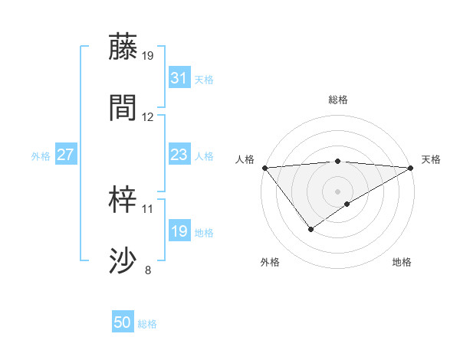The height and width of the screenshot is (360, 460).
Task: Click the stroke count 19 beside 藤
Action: click(x=149, y=55)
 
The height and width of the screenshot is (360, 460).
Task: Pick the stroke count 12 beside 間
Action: click(x=148, y=117)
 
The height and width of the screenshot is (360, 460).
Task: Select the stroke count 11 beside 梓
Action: click(x=148, y=208)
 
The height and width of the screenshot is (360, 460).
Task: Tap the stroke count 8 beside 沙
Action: click(x=148, y=270)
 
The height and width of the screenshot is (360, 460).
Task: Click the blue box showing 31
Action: click(x=179, y=77)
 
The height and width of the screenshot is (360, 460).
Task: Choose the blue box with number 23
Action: click(x=179, y=155)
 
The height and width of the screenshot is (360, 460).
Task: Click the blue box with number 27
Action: click(x=65, y=155)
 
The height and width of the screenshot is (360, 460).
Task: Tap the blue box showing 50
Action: click(x=122, y=322)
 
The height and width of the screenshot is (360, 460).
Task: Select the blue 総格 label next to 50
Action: click(x=147, y=324)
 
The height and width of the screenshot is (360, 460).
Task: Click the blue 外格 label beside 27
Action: click(x=41, y=156)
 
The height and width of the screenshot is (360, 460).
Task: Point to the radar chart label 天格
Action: click(x=431, y=159)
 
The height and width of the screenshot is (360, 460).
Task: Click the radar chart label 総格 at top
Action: click(x=338, y=100)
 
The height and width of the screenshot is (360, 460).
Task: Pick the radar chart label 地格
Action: click(x=402, y=262)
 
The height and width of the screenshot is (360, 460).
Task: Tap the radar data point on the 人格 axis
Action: click(x=264, y=168)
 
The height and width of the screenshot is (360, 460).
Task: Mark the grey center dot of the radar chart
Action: click(x=338, y=191)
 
